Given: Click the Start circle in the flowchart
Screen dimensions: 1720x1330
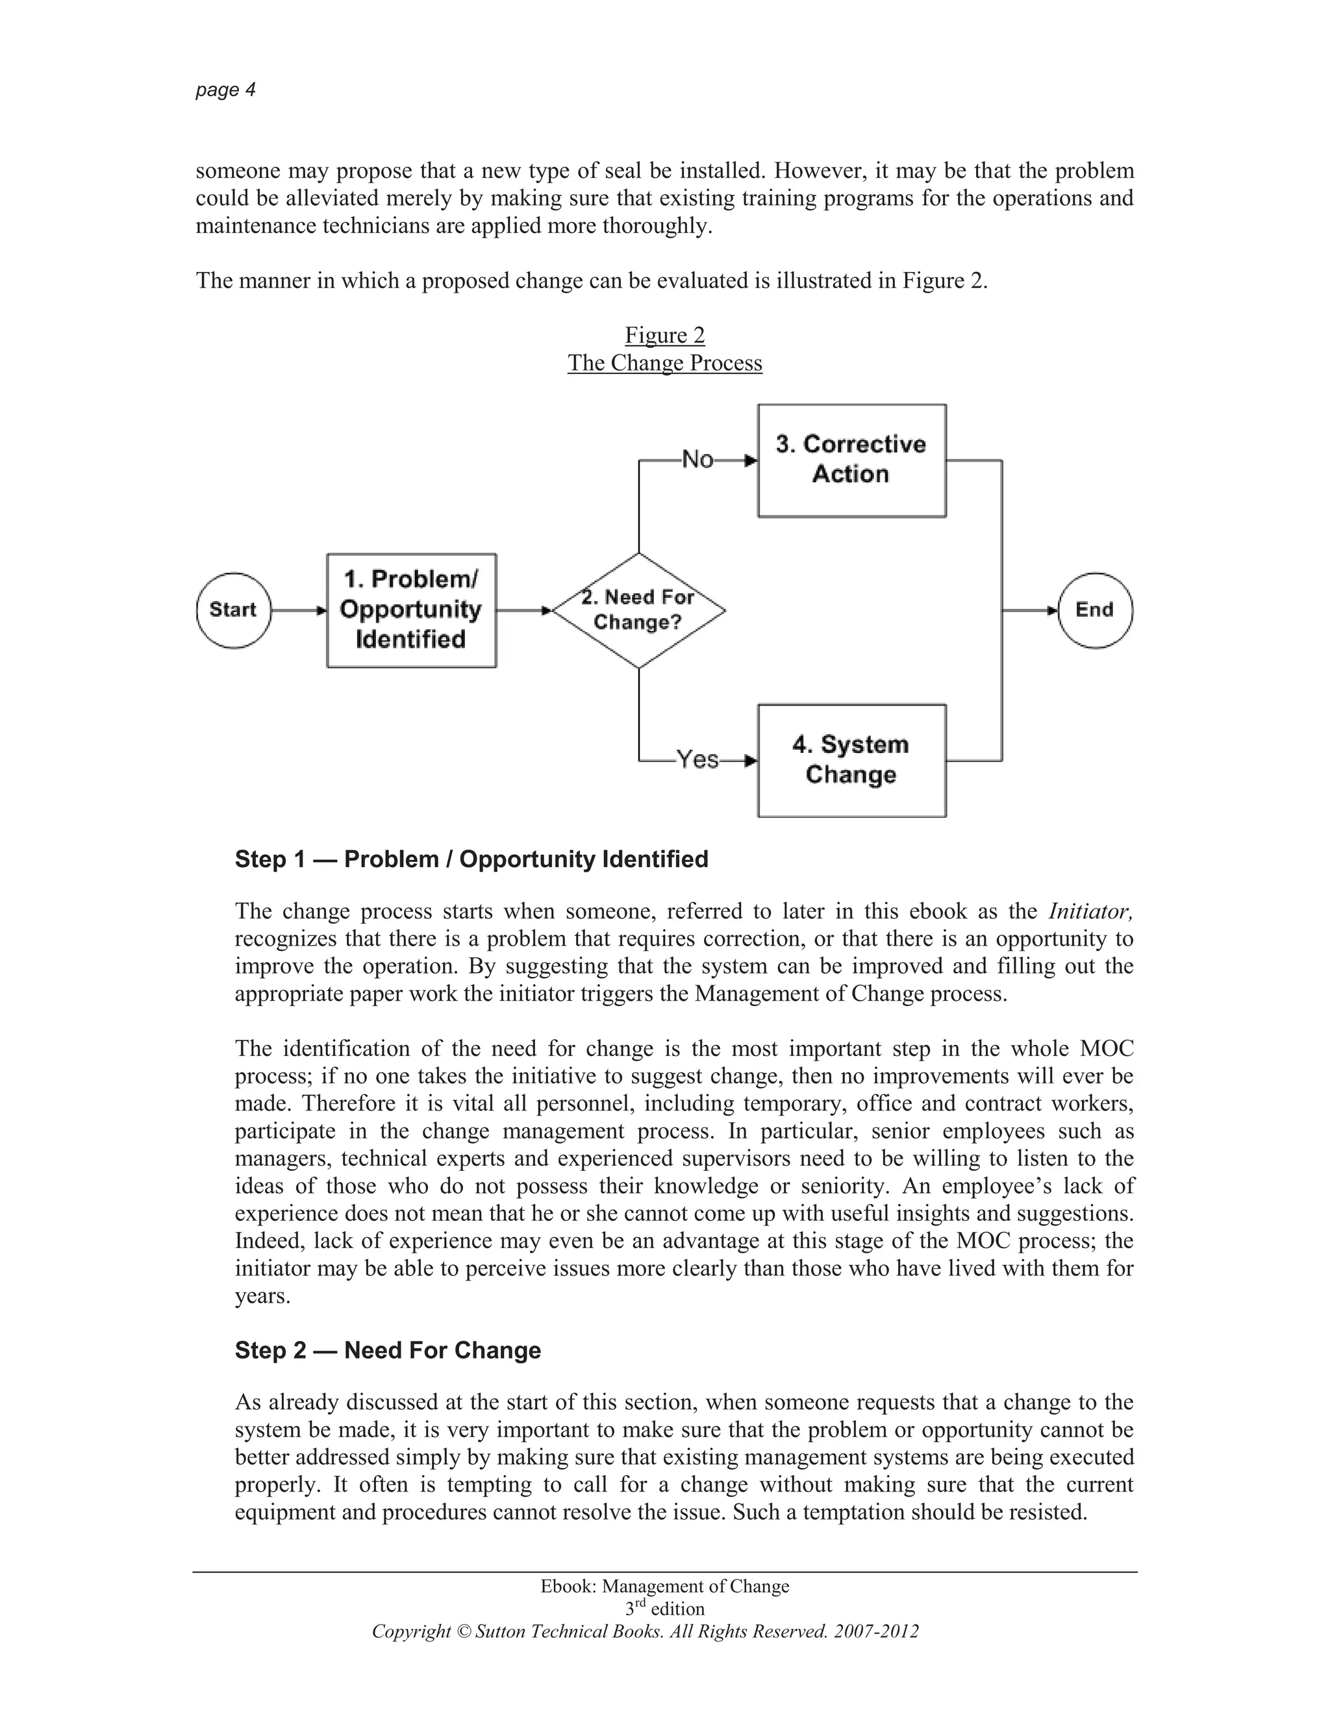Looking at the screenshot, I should click(x=233, y=610).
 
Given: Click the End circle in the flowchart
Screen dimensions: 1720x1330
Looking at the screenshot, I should click(x=1094, y=610).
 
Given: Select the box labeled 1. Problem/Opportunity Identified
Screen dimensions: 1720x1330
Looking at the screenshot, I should click(x=411, y=610).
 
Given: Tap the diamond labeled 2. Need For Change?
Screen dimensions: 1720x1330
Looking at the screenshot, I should click(x=638, y=610).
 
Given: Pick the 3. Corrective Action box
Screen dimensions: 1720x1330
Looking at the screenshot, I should click(x=851, y=460).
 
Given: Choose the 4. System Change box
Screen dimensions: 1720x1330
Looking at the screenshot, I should click(x=851, y=760).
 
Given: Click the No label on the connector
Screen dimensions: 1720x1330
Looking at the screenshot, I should click(x=697, y=459).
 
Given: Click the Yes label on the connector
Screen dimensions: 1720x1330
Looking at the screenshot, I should click(x=698, y=759).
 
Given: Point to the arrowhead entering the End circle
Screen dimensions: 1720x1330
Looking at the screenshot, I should click(x=1052, y=610).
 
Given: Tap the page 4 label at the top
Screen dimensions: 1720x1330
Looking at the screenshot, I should click(x=225, y=90).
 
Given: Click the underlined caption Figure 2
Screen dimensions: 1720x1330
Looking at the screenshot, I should click(x=664, y=336).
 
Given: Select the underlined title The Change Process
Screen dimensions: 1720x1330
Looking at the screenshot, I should click(x=664, y=363).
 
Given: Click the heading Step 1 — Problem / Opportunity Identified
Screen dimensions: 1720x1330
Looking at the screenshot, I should click(x=471, y=859).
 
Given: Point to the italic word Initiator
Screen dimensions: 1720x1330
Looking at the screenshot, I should click(x=1090, y=911).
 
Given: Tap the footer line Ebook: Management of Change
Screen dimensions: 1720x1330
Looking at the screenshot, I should click(x=664, y=1586).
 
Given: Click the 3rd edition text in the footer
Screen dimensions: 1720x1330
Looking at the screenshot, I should click(x=664, y=1608).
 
